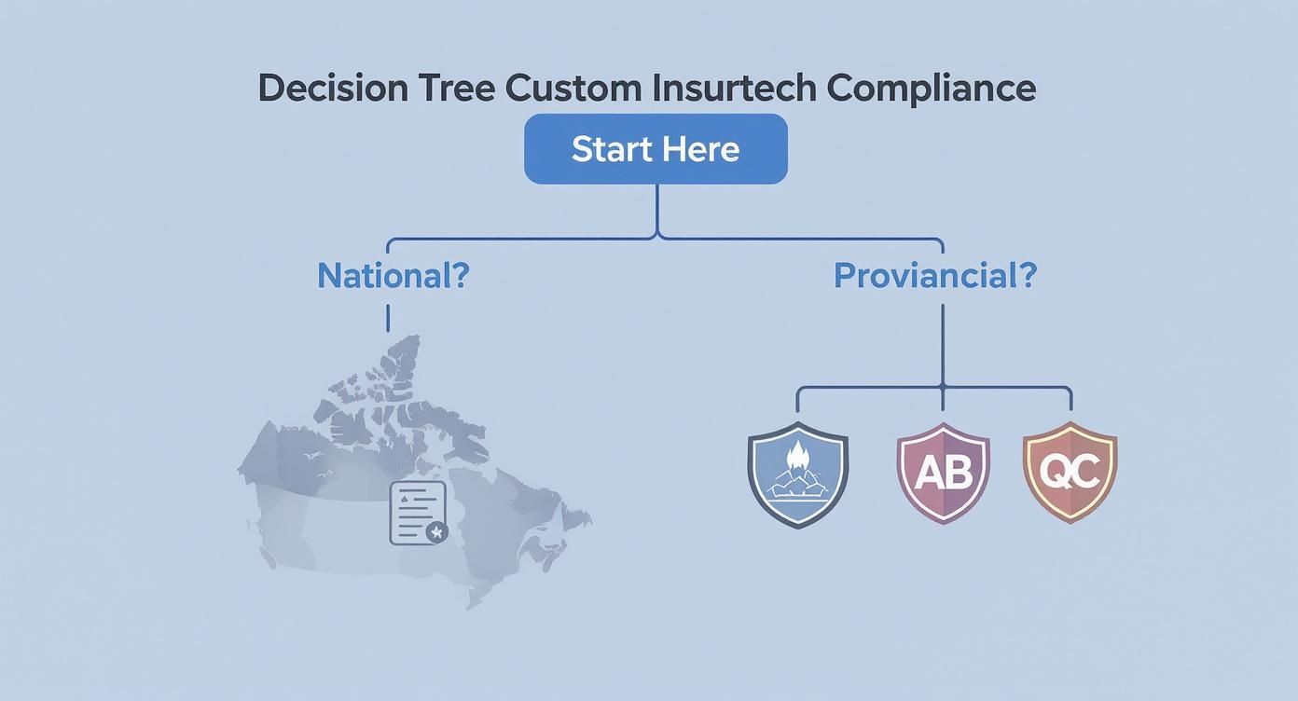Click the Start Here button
pos(656,149)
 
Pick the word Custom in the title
pos(573,88)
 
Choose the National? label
pos(393,275)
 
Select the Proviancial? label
pos(934,275)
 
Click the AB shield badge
pos(943,473)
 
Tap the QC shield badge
pos(1070,472)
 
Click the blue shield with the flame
pos(798,474)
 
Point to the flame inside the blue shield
pos(799,458)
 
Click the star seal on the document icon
pos(435,532)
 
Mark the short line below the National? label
pos(388,318)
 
